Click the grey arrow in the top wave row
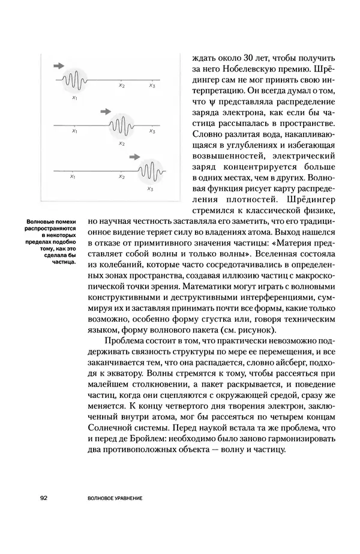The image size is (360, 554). (59, 64)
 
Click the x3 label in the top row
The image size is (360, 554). (151, 85)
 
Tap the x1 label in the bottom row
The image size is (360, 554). (73, 177)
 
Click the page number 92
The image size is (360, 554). (44, 498)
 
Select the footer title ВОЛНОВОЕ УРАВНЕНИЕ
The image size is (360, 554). (118, 498)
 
